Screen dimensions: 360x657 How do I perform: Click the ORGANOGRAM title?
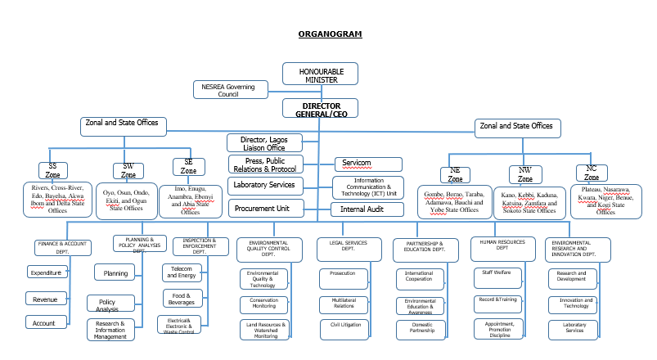(330, 34)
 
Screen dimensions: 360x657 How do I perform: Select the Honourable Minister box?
(320, 74)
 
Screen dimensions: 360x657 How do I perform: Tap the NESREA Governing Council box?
(229, 89)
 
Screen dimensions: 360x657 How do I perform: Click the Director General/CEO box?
(321, 110)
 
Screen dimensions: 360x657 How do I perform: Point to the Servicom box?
(367, 164)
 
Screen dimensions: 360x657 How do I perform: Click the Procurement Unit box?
(265, 208)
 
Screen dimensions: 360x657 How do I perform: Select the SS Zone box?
(52, 171)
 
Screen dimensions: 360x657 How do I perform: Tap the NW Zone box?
(524, 174)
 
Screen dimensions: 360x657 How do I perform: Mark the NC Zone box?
(591, 173)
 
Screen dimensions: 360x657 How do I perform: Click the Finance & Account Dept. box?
(63, 247)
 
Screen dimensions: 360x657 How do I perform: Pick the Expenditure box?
(47, 272)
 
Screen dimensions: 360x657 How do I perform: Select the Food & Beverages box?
(182, 298)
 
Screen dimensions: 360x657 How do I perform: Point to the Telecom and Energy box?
(182, 272)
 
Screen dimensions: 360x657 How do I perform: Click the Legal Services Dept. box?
(349, 247)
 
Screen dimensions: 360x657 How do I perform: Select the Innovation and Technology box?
(575, 303)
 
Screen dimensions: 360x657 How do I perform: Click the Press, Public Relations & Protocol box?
(265, 164)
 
